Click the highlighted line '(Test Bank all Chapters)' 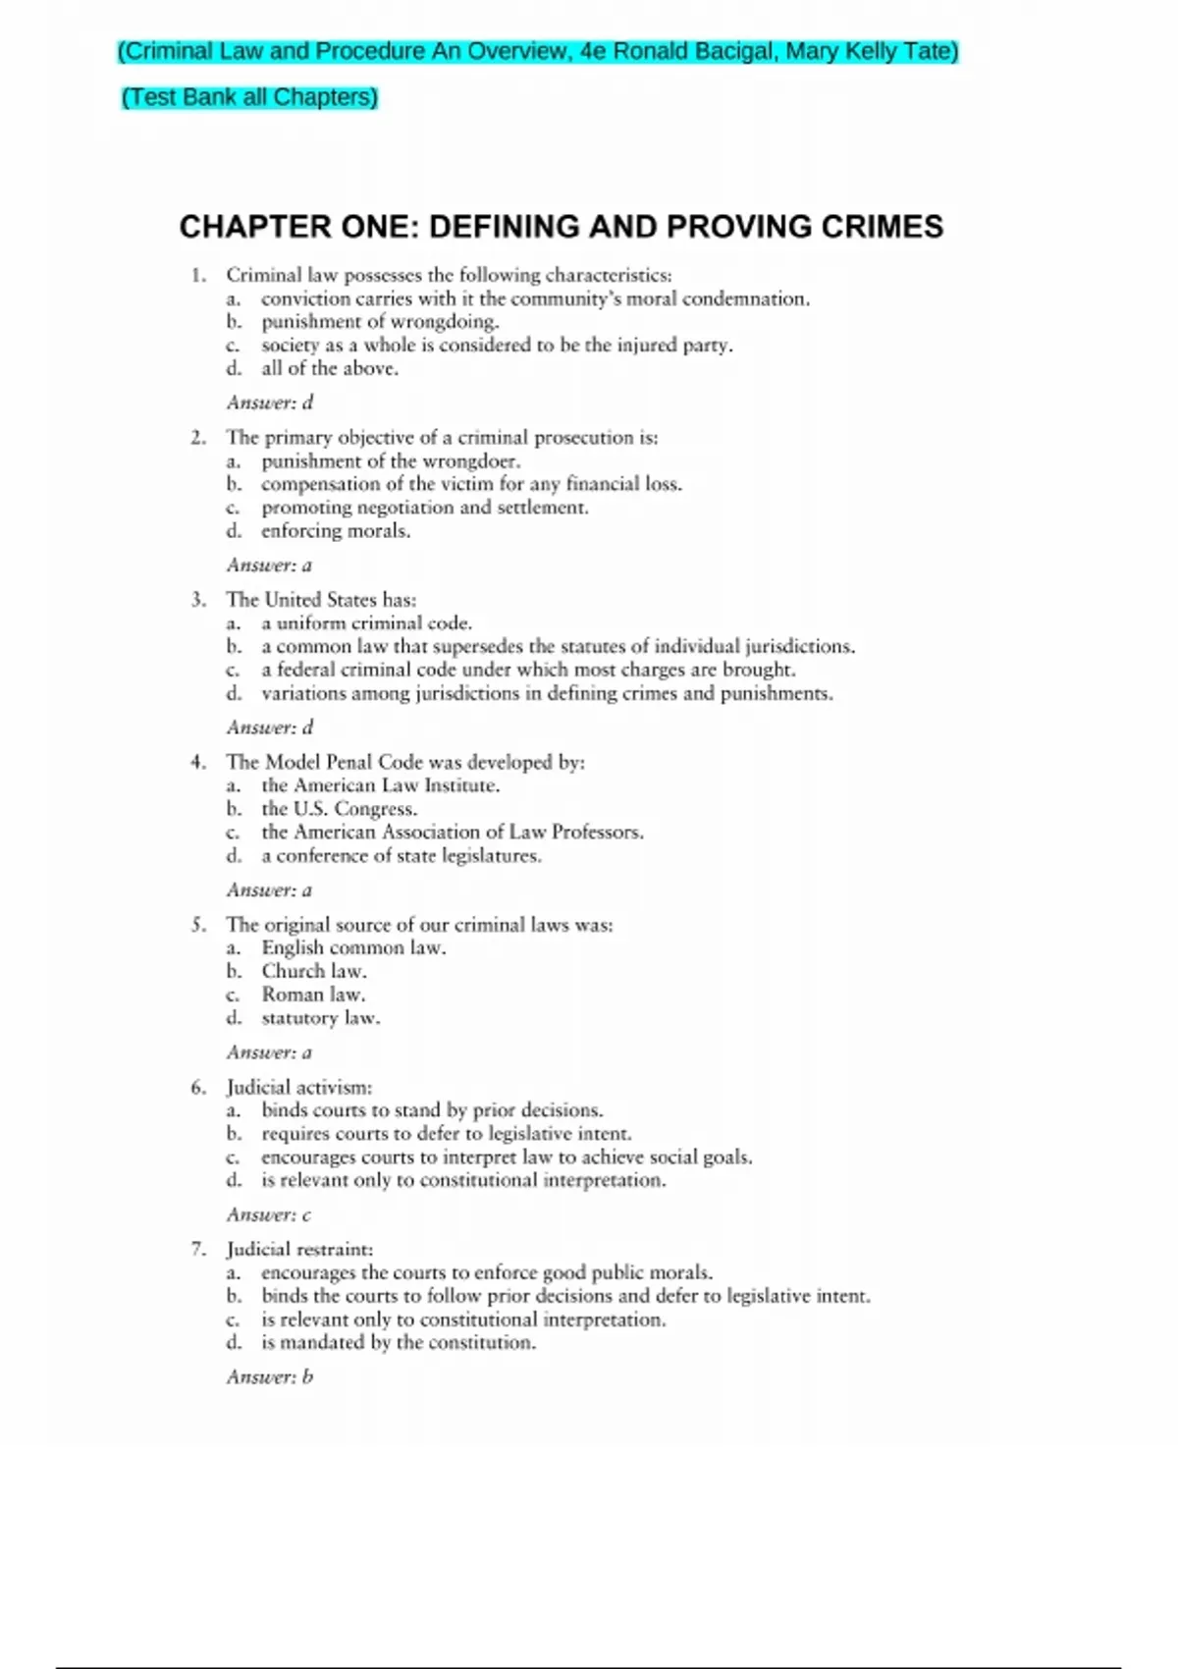[x=249, y=97]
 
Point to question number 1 [x=199, y=275]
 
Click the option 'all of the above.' [x=330, y=368]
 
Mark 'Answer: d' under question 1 [x=270, y=403]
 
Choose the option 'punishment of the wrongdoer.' [x=391, y=460]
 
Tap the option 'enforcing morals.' [x=336, y=531]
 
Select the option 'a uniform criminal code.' [x=366, y=622]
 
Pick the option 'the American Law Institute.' [x=380, y=785]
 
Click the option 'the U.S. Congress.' [x=339, y=809]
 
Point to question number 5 [x=199, y=925]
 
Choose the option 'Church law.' [x=314, y=971]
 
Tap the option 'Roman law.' [x=313, y=995]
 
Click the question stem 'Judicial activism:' [x=299, y=1087]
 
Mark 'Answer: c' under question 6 [x=269, y=1214]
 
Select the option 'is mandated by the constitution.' [x=399, y=1342]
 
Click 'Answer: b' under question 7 [x=270, y=1376]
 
